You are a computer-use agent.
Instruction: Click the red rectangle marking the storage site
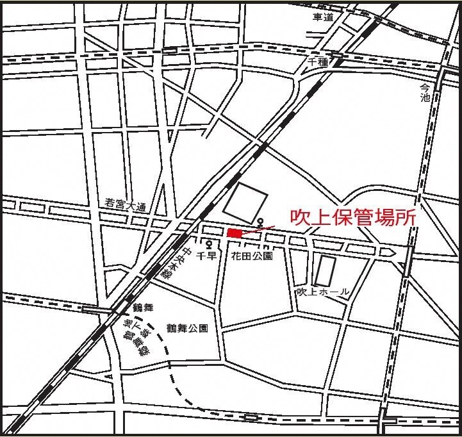[x=235, y=233]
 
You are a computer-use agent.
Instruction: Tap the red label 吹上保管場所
[x=351, y=217]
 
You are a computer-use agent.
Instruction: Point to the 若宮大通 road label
[x=126, y=206]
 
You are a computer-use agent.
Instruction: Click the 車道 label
[x=322, y=17]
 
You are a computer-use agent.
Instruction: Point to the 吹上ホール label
[x=323, y=292]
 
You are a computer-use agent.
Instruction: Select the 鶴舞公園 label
[x=187, y=329]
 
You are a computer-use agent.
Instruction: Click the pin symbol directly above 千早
[x=210, y=244]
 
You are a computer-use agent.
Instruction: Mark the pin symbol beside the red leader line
[x=260, y=222]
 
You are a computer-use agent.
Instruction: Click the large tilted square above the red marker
[x=243, y=200]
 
